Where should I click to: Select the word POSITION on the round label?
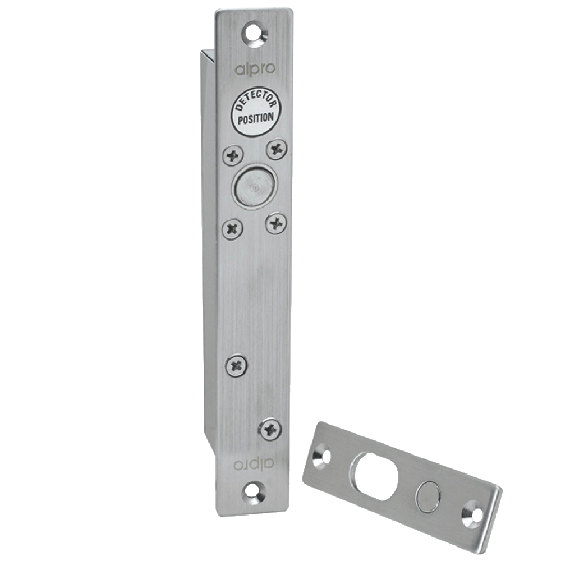tap(255, 119)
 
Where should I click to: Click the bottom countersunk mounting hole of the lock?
tap(254, 493)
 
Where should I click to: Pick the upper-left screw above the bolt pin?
tap(233, 154)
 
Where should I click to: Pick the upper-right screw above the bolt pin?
tap(276, 149)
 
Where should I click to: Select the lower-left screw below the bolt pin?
tap(233, 228)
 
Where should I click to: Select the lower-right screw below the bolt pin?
tap(276, 223)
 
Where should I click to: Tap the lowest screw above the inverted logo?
tap(270, 430)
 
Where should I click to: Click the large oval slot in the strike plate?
tap(376, 476)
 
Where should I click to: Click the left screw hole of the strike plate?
tap(323, 456)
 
